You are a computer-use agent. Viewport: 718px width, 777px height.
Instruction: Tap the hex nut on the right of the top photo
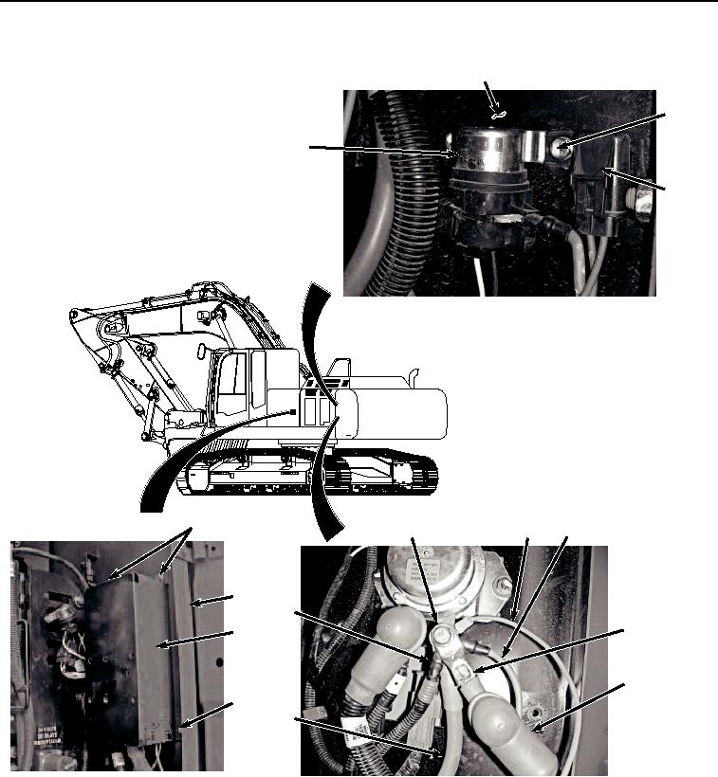(x=641, y=202)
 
